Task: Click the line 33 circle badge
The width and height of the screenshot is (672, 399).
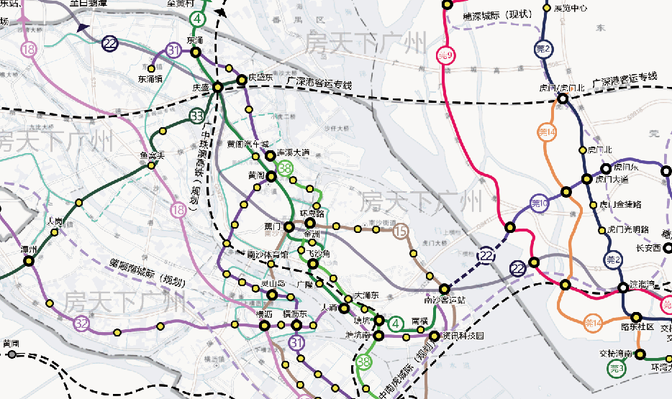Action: (x=198, y=116)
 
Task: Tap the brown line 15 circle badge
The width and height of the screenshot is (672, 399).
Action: (x=401, y=231)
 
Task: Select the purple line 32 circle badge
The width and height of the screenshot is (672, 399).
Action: (x=82, y=324)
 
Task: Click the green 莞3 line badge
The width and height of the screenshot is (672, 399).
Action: (x=617, y=369)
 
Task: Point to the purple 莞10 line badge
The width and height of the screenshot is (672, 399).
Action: (x=540, y=204)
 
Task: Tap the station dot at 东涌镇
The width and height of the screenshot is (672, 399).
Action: (x=152, y=68)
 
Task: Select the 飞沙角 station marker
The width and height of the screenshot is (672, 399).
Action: (x=312, y=264)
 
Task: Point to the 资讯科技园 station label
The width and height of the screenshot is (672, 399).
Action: (x=463, y=336)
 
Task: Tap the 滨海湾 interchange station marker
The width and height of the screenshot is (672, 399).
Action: (x=623, y=288)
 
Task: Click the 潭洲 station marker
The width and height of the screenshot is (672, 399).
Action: (x=29, y=261)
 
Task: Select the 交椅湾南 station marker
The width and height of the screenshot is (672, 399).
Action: (x=638, y=353)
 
